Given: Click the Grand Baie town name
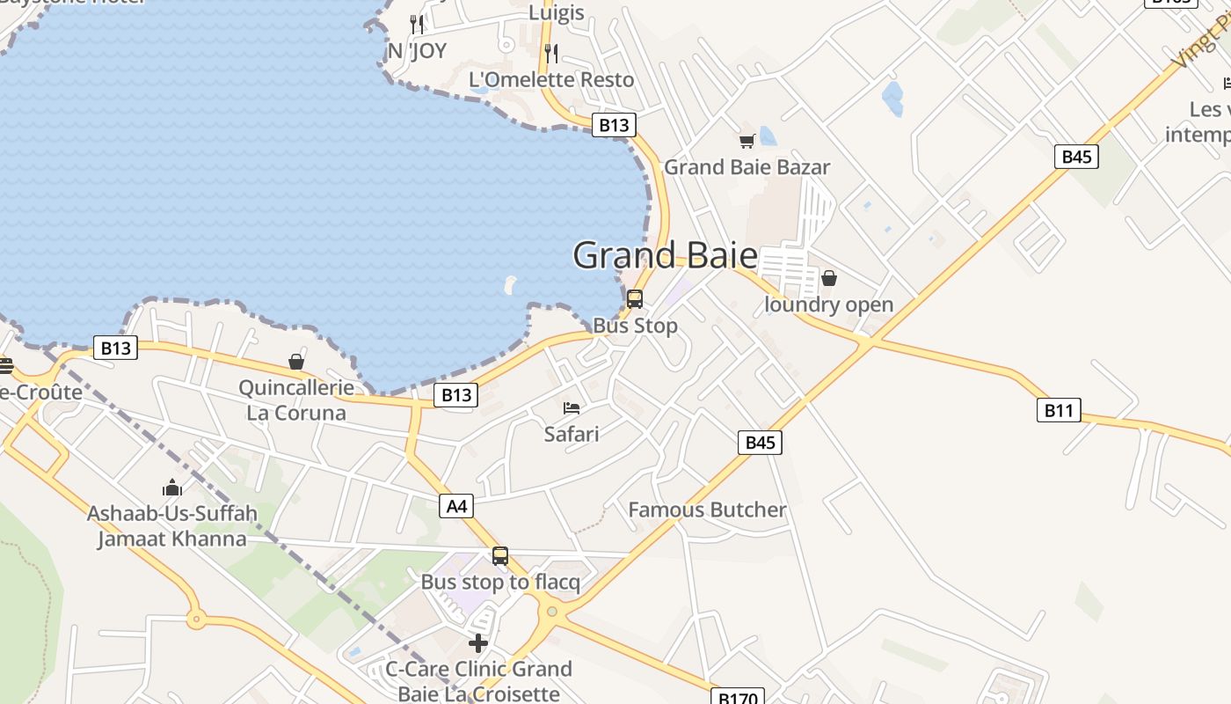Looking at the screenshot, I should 665,255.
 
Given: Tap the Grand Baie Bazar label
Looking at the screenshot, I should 747,167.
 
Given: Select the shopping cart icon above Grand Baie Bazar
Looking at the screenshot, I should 747,141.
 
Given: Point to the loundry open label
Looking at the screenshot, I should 828,305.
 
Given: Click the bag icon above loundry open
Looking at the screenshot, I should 828,279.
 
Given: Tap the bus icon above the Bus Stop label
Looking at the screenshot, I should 635,299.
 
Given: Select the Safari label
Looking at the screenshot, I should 572,434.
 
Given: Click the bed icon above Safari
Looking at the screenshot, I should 572,408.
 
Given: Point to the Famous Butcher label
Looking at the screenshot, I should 707,510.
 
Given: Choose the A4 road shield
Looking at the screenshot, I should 456,506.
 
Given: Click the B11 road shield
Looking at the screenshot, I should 1059,410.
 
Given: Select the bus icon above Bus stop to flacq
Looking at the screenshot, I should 500,556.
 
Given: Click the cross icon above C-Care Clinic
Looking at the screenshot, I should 478,643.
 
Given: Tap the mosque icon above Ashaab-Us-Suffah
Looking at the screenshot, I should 172,488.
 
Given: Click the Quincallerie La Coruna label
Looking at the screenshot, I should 296,400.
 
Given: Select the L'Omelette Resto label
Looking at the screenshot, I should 551,80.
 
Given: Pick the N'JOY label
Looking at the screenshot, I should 417,51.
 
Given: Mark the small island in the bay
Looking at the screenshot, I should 510,284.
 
